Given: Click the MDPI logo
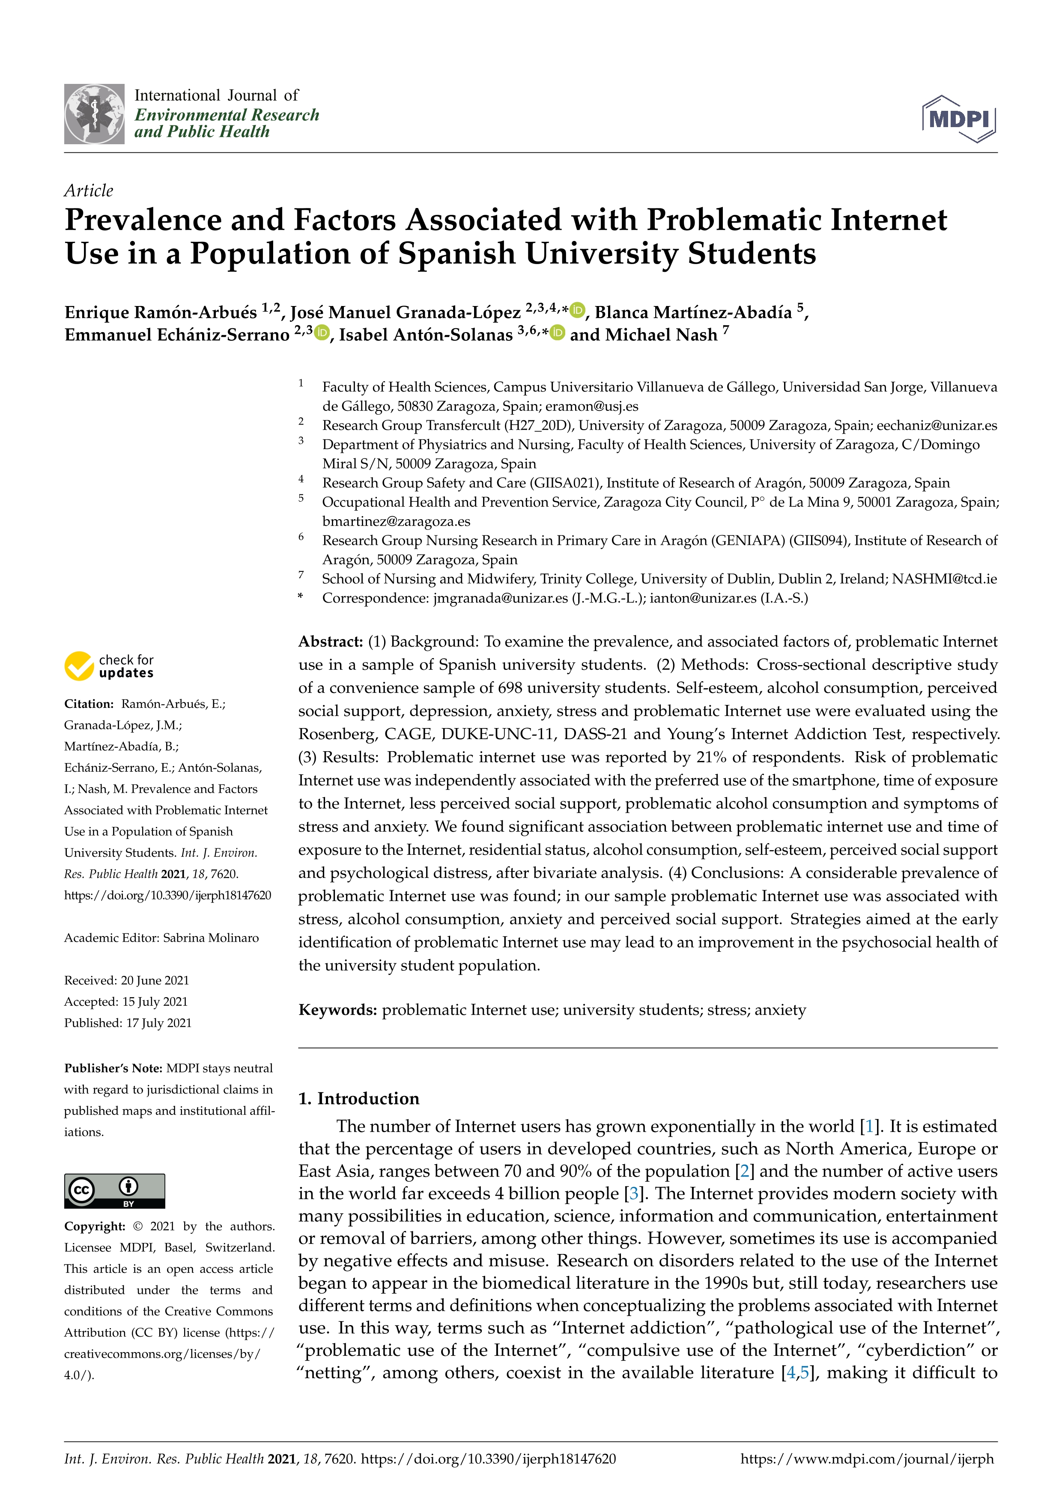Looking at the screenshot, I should [959, 119].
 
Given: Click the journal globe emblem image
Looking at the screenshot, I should [94, 114].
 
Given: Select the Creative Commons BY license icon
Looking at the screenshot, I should [114, 1190].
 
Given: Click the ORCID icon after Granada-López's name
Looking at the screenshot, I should [577, 311].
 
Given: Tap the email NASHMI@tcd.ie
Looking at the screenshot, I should [944, 579].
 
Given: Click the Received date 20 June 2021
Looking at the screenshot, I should [155, 980].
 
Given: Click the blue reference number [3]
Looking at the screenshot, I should [633, 1193].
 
